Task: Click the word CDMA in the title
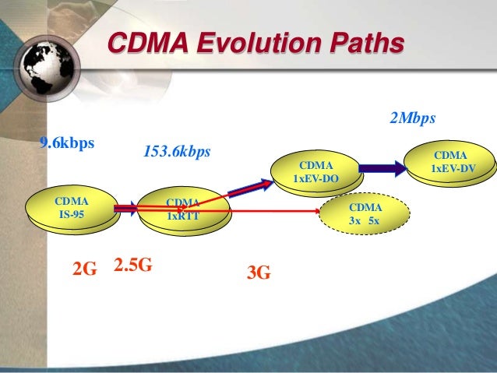[143, 44]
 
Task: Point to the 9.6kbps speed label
[67, 143]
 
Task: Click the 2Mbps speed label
[411, 118]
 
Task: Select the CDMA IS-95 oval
[72, 206]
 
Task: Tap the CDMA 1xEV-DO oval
[315, 173]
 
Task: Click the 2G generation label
[84, 269]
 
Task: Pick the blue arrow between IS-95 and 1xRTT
[126, 208]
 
